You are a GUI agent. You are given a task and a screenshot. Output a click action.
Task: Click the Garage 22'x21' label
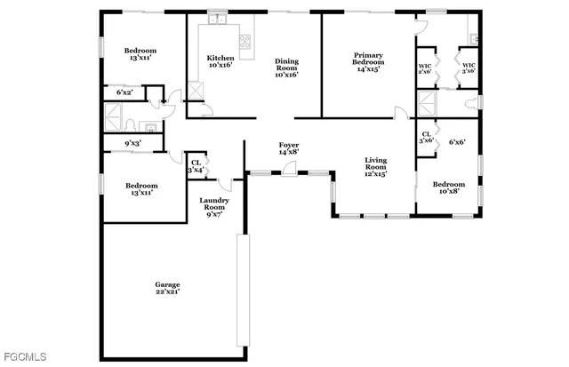167,288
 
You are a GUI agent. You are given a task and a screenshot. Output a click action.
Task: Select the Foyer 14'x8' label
289,148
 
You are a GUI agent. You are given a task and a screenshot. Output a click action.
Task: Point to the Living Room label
376,166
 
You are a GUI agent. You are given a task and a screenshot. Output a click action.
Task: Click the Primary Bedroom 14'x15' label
368,60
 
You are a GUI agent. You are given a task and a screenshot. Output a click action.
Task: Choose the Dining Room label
286,68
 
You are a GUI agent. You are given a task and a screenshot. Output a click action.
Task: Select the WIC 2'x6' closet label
425,68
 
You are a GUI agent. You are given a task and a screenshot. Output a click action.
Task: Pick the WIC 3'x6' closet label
468,68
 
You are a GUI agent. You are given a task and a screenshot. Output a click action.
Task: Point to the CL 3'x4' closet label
196,166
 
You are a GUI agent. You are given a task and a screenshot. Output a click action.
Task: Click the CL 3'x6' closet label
426,138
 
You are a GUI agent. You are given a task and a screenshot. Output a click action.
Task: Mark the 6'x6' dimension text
457,141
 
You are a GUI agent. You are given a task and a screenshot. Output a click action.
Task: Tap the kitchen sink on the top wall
217,20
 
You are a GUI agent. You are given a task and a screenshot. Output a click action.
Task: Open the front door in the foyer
289,171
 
